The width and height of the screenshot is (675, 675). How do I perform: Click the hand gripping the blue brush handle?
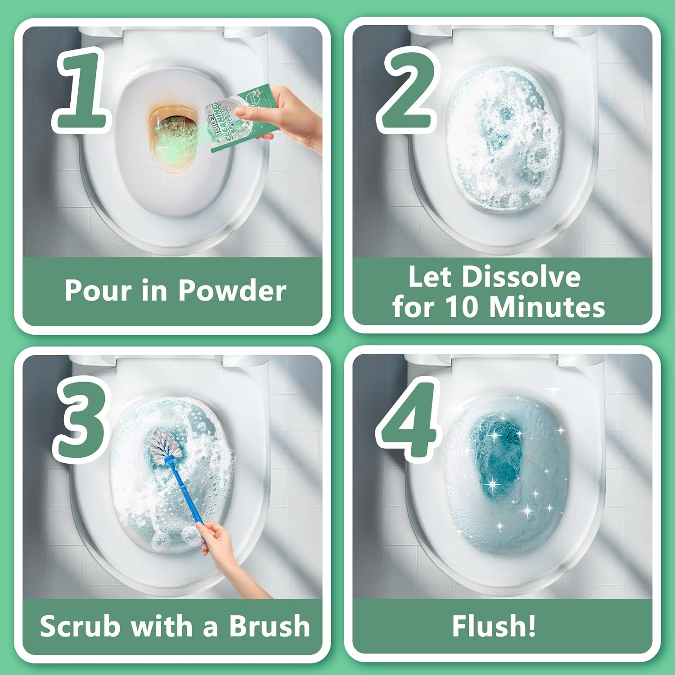tap(218, 540)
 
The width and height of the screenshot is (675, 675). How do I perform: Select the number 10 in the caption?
tap(463, 307)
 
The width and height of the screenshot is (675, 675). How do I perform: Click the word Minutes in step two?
tap(547, 307)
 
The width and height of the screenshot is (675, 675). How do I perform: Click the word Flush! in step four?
tap(494, 626)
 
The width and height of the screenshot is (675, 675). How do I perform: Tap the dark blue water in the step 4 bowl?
tap(495, 454)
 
